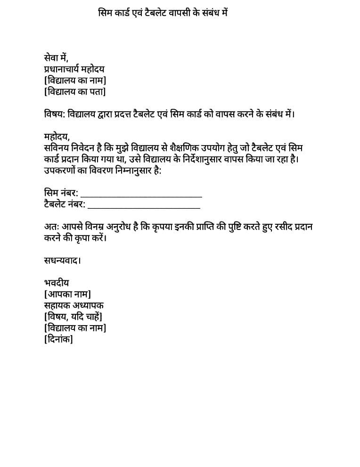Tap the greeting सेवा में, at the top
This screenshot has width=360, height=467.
pos(56,58)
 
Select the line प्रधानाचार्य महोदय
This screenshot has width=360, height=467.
pos(74,69)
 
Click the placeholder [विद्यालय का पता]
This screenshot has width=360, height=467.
pos(75,91)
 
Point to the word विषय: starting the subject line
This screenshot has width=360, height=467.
pos(55,115)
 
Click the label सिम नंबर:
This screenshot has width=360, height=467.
pos(61,193)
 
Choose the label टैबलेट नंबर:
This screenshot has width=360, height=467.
pos(65,205)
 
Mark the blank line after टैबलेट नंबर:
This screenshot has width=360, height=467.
pos(144,206)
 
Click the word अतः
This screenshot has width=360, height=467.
pos(50,227)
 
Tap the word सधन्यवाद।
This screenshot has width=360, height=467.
pos(62,261)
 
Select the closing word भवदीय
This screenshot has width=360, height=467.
pos(57,283)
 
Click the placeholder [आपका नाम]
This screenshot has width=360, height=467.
pos(67,295)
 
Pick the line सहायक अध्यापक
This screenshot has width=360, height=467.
pos(74,305)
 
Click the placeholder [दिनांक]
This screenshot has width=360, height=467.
pos(58,339)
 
